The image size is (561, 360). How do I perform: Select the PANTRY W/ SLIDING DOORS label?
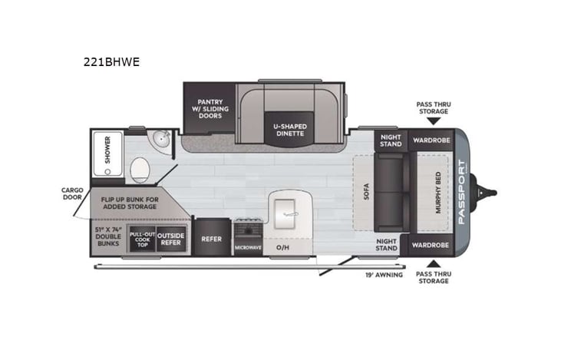210,107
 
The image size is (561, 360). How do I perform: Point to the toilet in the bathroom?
140,168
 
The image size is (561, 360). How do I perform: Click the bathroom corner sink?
161,139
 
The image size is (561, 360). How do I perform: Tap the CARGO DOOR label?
73,194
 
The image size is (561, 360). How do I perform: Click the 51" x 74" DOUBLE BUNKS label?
109,236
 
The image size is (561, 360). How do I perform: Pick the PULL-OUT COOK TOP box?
142,238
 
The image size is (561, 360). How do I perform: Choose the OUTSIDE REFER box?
171,238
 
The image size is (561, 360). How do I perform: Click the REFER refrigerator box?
211,239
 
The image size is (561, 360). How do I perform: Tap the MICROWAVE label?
248,247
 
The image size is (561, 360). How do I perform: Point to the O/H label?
282,247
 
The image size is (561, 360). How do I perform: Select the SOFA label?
366,189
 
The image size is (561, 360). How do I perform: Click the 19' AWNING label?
384,274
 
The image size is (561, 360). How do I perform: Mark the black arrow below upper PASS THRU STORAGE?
434,120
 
